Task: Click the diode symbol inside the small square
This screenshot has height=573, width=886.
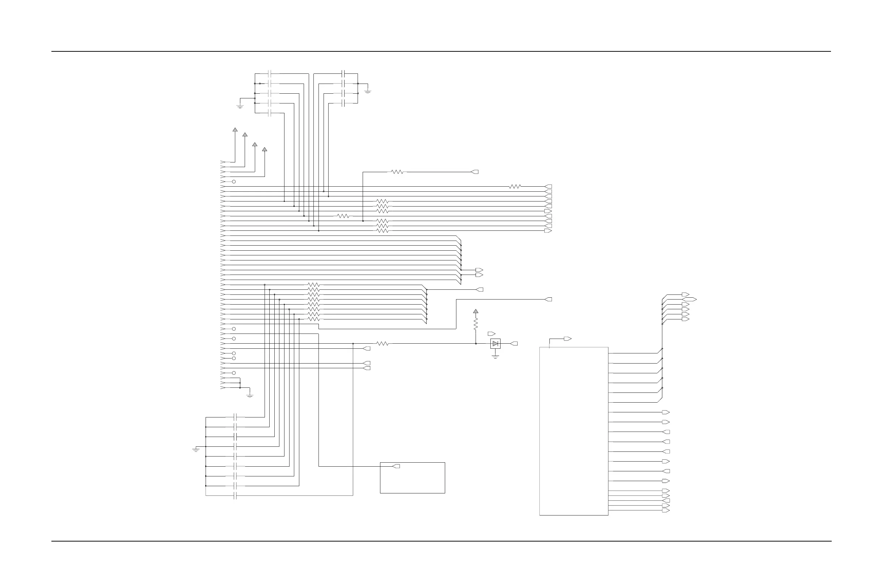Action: click(x=495, y=344)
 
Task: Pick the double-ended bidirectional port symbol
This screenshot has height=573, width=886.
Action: click(x=689, y=300)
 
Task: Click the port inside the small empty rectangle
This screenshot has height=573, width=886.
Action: click(x=396, y=466)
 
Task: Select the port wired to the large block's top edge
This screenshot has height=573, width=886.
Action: click(x=568, y=339)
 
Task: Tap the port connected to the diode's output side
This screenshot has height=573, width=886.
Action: click(x=514, y=344)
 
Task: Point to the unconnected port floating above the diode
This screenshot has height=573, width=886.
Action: click(x=491, y=334)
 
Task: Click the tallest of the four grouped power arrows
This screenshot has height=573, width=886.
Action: click(x=235, y=130)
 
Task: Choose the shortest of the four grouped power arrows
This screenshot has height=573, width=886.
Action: click(x=265, y=149)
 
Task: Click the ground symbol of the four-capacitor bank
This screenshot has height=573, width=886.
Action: click(x=368, y=91)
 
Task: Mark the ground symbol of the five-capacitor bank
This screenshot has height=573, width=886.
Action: click(x=240, y=107)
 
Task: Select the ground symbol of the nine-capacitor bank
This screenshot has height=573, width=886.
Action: click(x=196, y=450)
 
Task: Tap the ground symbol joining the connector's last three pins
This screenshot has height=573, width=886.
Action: click(x=250, y=396)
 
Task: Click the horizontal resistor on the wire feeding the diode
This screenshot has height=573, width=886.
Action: click(x=382, y=344)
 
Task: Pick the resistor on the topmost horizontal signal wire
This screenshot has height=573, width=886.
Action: click(x=397, y=172)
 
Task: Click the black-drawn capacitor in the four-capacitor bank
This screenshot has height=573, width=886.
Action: click(x=343, y=74)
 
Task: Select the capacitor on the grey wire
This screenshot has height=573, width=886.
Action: click(x=235, y=496)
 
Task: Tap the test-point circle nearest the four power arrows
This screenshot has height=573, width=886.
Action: click(x=234, y=182)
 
